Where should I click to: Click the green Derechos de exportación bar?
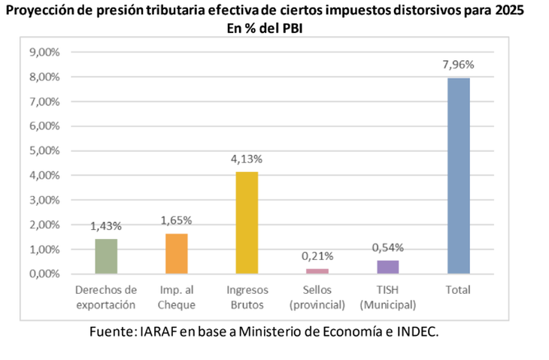point(106,256)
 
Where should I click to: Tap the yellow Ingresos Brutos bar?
point(247,223)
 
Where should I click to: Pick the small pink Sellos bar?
point(317,271)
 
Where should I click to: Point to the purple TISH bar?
point(388,267)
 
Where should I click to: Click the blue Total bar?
point(459,176)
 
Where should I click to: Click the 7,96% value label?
point(459,66)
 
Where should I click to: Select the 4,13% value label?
point(247,159)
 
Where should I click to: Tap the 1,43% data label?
point(106,226)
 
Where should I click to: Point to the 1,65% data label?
point(177,220)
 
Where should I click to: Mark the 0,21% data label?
point(317,256)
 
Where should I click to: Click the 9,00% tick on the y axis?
point(44,53)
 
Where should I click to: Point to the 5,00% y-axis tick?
point(44,151)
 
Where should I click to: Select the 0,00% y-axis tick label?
point(44,274)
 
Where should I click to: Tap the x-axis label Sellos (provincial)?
point(317,298)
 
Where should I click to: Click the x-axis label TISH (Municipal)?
point(388,298)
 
